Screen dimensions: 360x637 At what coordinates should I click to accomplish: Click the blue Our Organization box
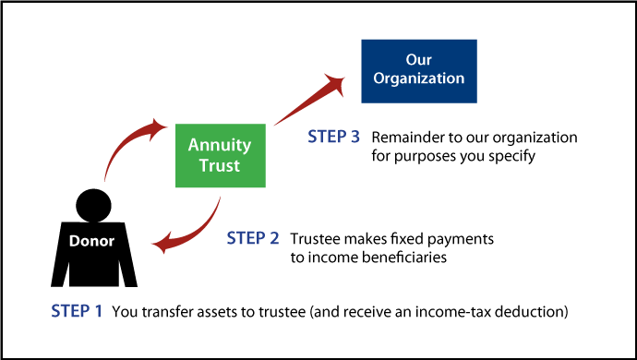pos(418,70)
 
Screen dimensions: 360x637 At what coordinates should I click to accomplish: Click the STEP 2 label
pos(253,238)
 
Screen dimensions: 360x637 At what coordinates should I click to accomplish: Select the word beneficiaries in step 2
pos(403,258)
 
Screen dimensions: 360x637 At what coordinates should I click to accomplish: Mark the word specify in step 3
pos(511,157)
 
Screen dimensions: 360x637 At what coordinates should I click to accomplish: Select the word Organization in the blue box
pos(418,78)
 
